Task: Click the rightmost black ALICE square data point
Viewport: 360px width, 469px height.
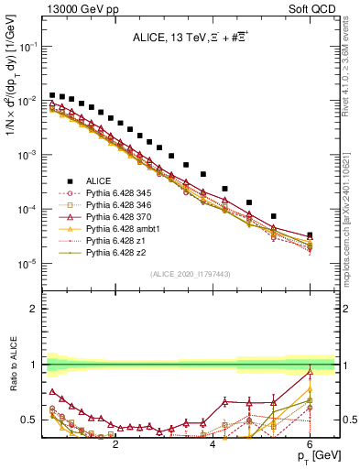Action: point(310,235)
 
